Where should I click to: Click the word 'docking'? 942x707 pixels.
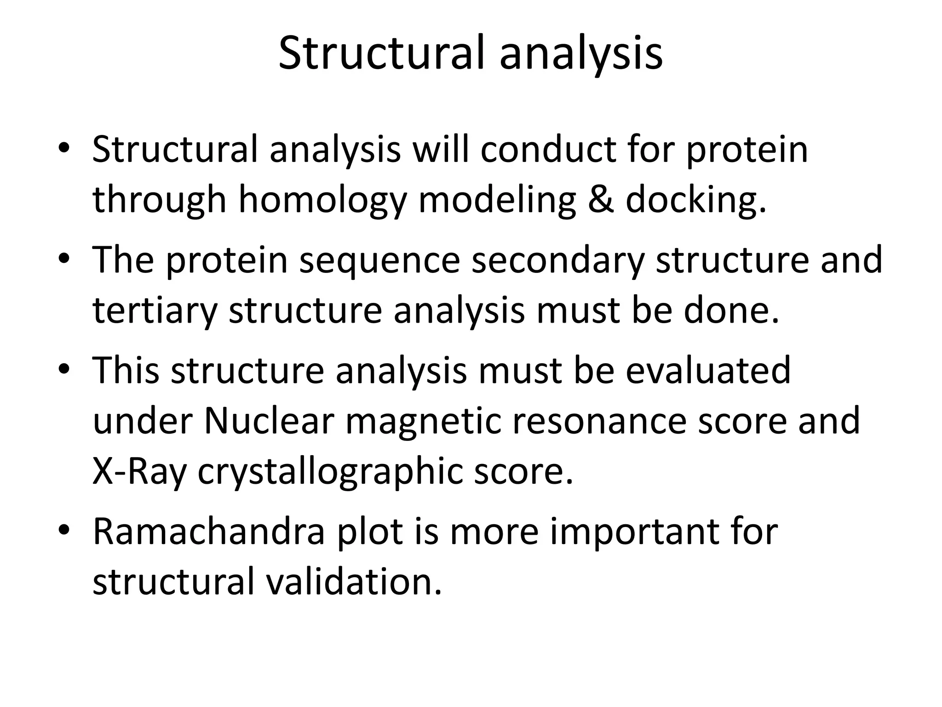[x=696, y=201]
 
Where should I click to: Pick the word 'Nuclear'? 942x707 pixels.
[x=268, y=421]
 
